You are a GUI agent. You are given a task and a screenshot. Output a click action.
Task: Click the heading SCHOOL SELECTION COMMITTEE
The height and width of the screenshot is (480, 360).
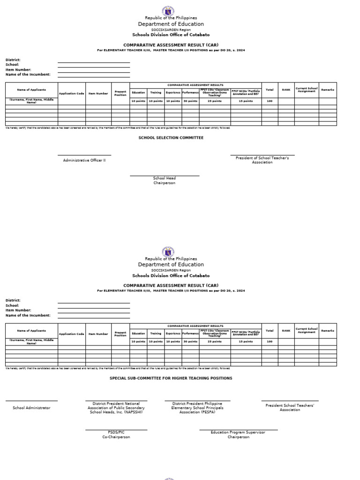point(171,138)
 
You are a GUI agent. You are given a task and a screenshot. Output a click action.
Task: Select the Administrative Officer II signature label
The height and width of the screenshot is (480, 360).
point(84,160)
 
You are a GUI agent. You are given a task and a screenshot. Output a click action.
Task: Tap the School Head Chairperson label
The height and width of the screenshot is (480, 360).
point(165,180)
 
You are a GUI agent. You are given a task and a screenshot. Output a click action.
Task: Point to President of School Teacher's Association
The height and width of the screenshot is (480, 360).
point(262,160)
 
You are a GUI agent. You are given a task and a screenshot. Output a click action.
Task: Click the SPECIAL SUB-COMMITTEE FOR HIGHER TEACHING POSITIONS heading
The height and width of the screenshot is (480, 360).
point(171,378)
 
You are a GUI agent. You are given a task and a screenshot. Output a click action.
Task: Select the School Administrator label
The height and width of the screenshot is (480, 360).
point(31,408)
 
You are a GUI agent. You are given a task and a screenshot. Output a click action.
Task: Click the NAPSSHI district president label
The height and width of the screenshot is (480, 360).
point(116,408)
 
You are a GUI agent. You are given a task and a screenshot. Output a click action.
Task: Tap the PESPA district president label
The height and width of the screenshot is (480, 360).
point(197,408)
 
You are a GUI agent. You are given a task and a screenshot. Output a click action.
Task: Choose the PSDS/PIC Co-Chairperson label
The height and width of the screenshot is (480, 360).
point(116,435)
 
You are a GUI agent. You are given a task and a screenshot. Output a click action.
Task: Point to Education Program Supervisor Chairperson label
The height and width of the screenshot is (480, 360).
point(238,435)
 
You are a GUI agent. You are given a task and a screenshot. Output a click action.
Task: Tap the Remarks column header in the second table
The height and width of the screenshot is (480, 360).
point(328,330)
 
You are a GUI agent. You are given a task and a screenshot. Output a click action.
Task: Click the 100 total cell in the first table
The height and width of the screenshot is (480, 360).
point(270,101)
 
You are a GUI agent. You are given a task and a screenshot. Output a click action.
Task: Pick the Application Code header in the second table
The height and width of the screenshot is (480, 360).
point(72,334)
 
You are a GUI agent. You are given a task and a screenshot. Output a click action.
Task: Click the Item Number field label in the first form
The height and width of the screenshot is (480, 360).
point(18,69)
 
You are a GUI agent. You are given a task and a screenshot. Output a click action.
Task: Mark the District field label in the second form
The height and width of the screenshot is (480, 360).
point(13,300)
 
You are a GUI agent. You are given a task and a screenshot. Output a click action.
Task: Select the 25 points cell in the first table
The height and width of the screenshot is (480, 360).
point(214,101)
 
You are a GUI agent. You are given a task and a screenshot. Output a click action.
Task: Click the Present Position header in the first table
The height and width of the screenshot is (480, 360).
point(120,93)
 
